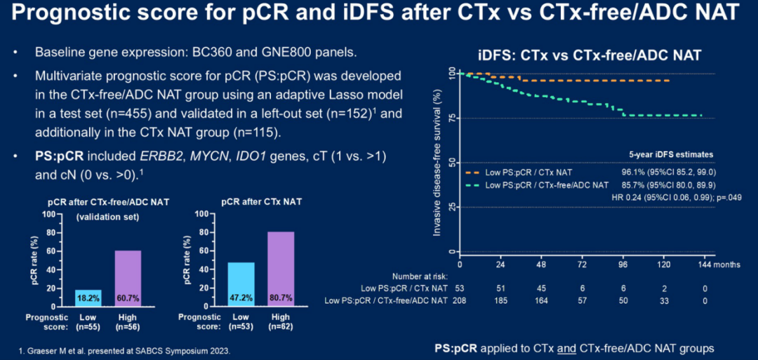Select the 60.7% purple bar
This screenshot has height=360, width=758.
128,278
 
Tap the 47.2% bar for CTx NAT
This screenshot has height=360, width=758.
242,284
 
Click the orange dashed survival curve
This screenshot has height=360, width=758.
597,81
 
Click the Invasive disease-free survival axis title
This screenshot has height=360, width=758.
437,161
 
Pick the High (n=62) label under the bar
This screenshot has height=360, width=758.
280,322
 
